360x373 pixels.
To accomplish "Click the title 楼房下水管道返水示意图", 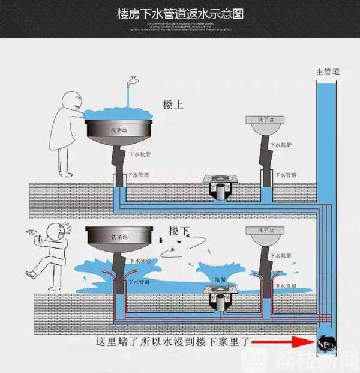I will (180, 13).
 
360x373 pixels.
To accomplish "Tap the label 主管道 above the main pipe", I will (328, 71).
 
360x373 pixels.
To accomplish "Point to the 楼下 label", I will (179, 231).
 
